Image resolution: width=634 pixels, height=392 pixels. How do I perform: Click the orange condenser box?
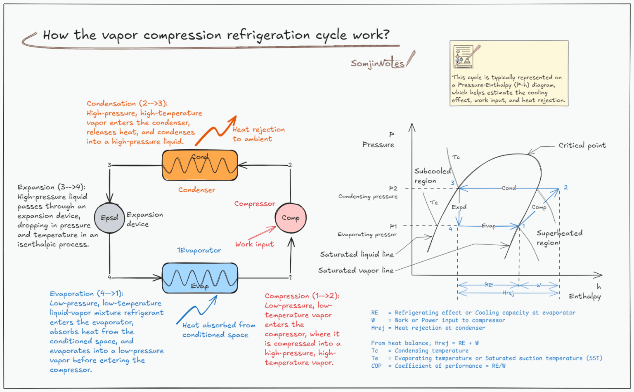pos(200,165)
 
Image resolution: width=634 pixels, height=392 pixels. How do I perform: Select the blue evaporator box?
pos(200,278)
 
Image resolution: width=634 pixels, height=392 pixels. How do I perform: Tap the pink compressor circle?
pos(291,218)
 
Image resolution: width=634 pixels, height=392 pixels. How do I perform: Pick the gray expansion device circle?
pos(109,218)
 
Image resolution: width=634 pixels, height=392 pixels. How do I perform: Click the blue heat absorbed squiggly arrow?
pos(197,310)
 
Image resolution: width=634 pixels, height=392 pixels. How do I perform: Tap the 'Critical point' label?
pos(582,146)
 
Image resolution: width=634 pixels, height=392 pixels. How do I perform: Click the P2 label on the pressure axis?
pos(393,188)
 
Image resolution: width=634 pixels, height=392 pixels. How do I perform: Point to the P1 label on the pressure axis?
pos(393,226)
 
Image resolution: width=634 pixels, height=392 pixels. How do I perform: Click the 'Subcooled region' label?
pos(432,176)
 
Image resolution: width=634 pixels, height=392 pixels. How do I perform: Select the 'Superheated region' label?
pos(559,238)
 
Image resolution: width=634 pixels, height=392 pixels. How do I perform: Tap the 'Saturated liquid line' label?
pos(357,254)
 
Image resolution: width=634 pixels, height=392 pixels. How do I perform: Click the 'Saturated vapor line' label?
pos(355,270)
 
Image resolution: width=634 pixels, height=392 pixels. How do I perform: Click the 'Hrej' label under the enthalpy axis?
pos(508,293)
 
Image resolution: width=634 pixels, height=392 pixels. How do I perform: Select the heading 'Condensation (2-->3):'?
pos(127,103)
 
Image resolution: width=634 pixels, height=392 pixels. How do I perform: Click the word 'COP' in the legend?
pos(376,366)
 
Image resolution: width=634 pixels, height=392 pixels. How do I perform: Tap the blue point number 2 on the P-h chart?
pos(565,187)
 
